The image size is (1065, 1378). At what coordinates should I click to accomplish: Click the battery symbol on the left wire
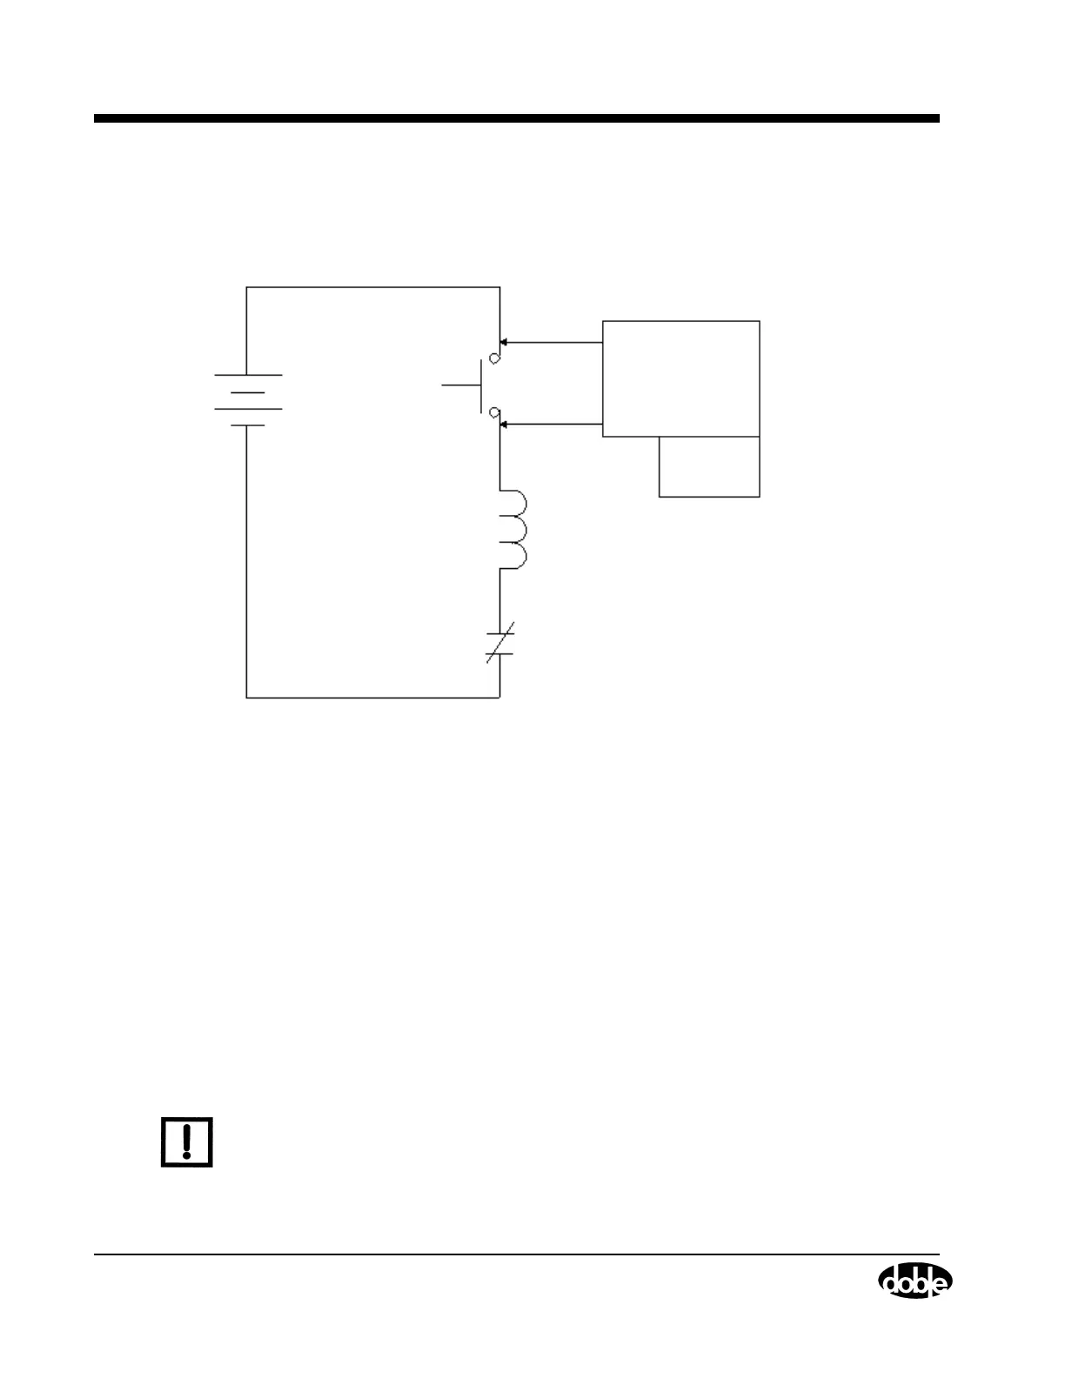tap(248, 400)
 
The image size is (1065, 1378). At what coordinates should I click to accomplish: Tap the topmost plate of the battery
tap(248, 375)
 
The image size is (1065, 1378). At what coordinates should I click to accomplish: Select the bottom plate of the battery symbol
tap(248, 425)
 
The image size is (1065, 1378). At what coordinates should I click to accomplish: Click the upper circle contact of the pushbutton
tap(494, 358)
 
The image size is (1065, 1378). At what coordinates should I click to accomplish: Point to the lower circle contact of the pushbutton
tap(494, 411)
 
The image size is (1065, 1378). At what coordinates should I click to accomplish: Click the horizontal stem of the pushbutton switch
tap(461, 385)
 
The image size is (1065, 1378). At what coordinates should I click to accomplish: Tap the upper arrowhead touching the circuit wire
tap(504, 343)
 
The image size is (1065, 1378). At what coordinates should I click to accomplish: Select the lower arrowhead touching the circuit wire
tap(504, 425)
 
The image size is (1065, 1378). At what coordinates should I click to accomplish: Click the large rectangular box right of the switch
tap(680, 378)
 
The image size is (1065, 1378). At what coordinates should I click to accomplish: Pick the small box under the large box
tap(709, 466)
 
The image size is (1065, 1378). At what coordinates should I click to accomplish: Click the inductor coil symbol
tap(512, 531)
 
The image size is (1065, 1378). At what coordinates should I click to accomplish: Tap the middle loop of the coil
tap(515, 531)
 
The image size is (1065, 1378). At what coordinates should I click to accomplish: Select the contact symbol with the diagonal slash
tap(500, 643)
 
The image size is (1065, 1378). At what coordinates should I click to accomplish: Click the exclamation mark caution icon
tap(186, 1141)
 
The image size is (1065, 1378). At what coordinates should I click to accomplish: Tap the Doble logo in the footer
tap(914, 1281)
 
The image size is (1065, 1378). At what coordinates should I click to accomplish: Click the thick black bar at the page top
tap(517, 118)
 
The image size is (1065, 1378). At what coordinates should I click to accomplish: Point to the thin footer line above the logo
tap(517, 1254)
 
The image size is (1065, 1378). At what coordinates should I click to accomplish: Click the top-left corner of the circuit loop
tap(247, 287)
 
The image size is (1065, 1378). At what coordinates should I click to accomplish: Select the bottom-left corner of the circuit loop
tap(247, 698)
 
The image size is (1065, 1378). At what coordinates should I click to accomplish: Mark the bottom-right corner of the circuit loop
tap(499, 698)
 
